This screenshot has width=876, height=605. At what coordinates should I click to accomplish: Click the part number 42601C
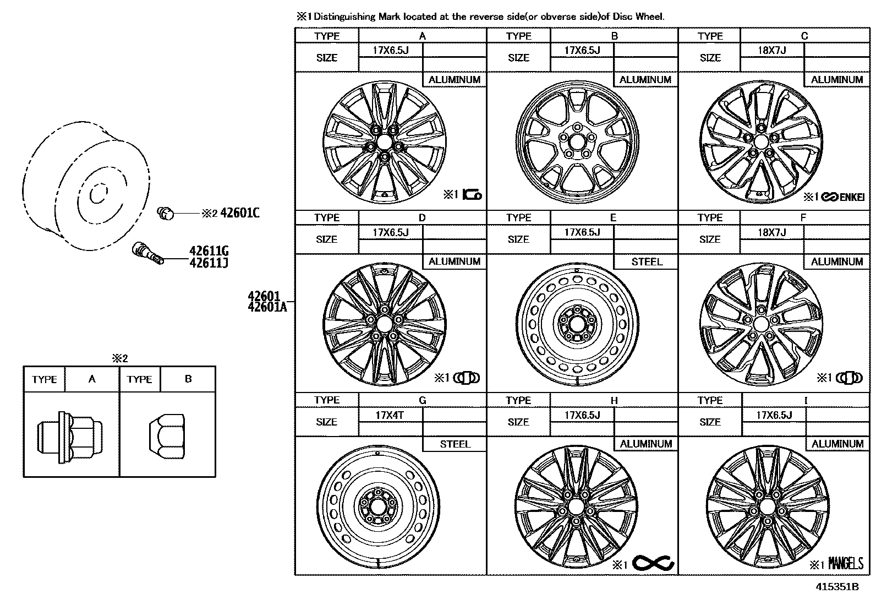click(x=239, y=213)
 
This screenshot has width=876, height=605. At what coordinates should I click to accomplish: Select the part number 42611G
click(x=209, y=253)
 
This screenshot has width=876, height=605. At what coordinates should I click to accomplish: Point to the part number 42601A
click(x=267, y=307)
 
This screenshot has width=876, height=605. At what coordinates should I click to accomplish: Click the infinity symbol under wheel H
click(x=653, y=563)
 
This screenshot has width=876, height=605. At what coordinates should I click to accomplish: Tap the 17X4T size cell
click(x=390, y=415)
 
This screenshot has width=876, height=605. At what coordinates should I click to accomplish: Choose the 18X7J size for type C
click(x=771, y=50)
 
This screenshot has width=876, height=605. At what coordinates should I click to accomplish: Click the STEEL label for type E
click(x=647, y=261)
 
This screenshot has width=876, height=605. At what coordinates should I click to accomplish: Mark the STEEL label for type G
click(x=455, y=444)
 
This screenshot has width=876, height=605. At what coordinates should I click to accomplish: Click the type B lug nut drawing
click(x=166, y=435)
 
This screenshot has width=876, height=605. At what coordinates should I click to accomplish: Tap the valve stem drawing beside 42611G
click(x=147, y=253)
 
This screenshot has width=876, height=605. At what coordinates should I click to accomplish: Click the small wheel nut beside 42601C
click(x=165, y=212)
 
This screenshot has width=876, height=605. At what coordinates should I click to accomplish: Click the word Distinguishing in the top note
click(x=344, y=17)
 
